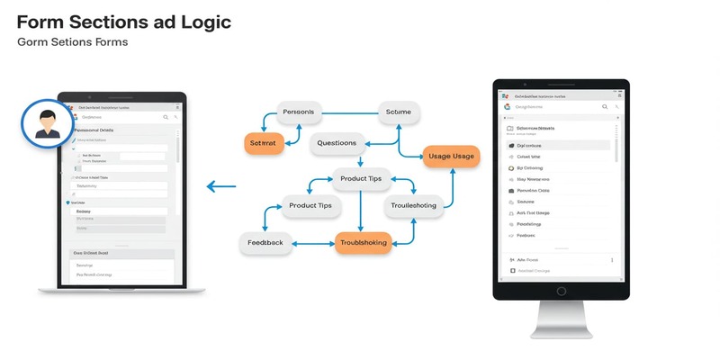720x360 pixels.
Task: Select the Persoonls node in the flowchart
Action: coord(298,112)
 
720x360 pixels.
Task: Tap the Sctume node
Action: coord(398,112)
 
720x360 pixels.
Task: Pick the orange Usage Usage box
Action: coord(452,157)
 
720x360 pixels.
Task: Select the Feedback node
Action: coord(265,243)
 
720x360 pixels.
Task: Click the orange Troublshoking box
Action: coord(363,243)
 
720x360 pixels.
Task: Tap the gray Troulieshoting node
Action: coord(412,206)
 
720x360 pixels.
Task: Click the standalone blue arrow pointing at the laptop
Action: coord(221,187)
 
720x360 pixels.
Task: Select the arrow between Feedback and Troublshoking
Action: coord(314,243)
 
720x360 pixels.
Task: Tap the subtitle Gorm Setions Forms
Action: coord(72,42)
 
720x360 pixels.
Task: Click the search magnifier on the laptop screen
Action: coord(166,117)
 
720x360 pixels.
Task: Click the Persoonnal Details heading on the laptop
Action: coord(99,130)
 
